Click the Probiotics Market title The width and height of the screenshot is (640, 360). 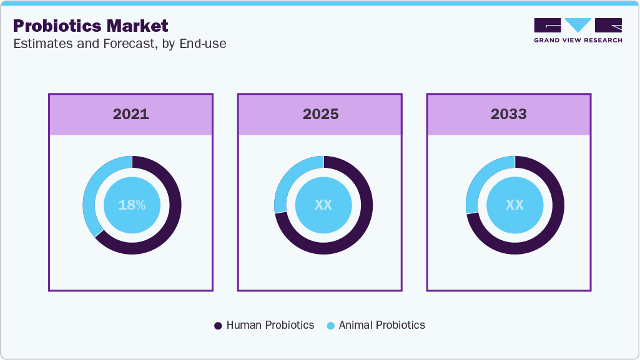point(91,26)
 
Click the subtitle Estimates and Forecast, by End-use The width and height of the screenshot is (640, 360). point(119,44)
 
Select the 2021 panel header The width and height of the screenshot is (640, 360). point(130,115)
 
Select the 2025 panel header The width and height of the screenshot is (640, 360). point(320,115)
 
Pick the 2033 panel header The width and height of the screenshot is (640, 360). point(509,115)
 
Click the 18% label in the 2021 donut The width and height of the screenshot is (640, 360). point(132,205)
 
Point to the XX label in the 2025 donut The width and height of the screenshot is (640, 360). point(323,205)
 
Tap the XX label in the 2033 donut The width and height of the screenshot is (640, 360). point(514,205)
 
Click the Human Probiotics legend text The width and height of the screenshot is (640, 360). point(270,325)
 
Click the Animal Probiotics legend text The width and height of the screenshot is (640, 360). point(382,325)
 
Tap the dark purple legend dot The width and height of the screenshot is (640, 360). point(218,326)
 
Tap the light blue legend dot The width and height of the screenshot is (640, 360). point(330,326)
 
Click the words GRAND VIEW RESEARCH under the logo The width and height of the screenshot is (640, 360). point(578,40)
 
